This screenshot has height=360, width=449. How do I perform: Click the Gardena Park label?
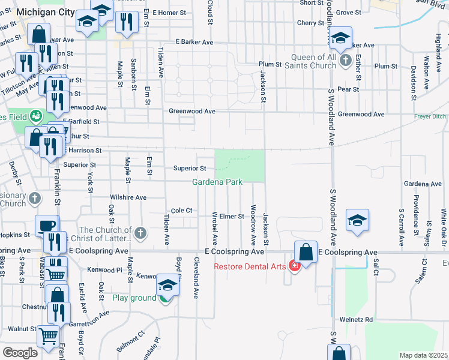217,182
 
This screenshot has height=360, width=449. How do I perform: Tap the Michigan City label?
46,13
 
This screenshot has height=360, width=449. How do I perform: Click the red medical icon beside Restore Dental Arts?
294,265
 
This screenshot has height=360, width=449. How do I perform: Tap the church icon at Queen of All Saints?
345,61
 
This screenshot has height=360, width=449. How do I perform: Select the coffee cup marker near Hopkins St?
47,226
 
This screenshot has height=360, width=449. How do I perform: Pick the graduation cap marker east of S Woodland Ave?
357,220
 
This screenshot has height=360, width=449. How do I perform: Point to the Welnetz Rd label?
356,319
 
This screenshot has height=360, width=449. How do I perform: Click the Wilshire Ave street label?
128,197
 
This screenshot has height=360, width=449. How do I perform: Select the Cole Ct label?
181,211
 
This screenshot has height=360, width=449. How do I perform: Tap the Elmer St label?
232,216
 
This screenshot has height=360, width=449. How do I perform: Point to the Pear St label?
348,89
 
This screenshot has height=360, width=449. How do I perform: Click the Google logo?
20,353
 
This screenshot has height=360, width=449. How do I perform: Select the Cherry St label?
310,23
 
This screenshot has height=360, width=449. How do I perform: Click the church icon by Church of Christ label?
140,232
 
